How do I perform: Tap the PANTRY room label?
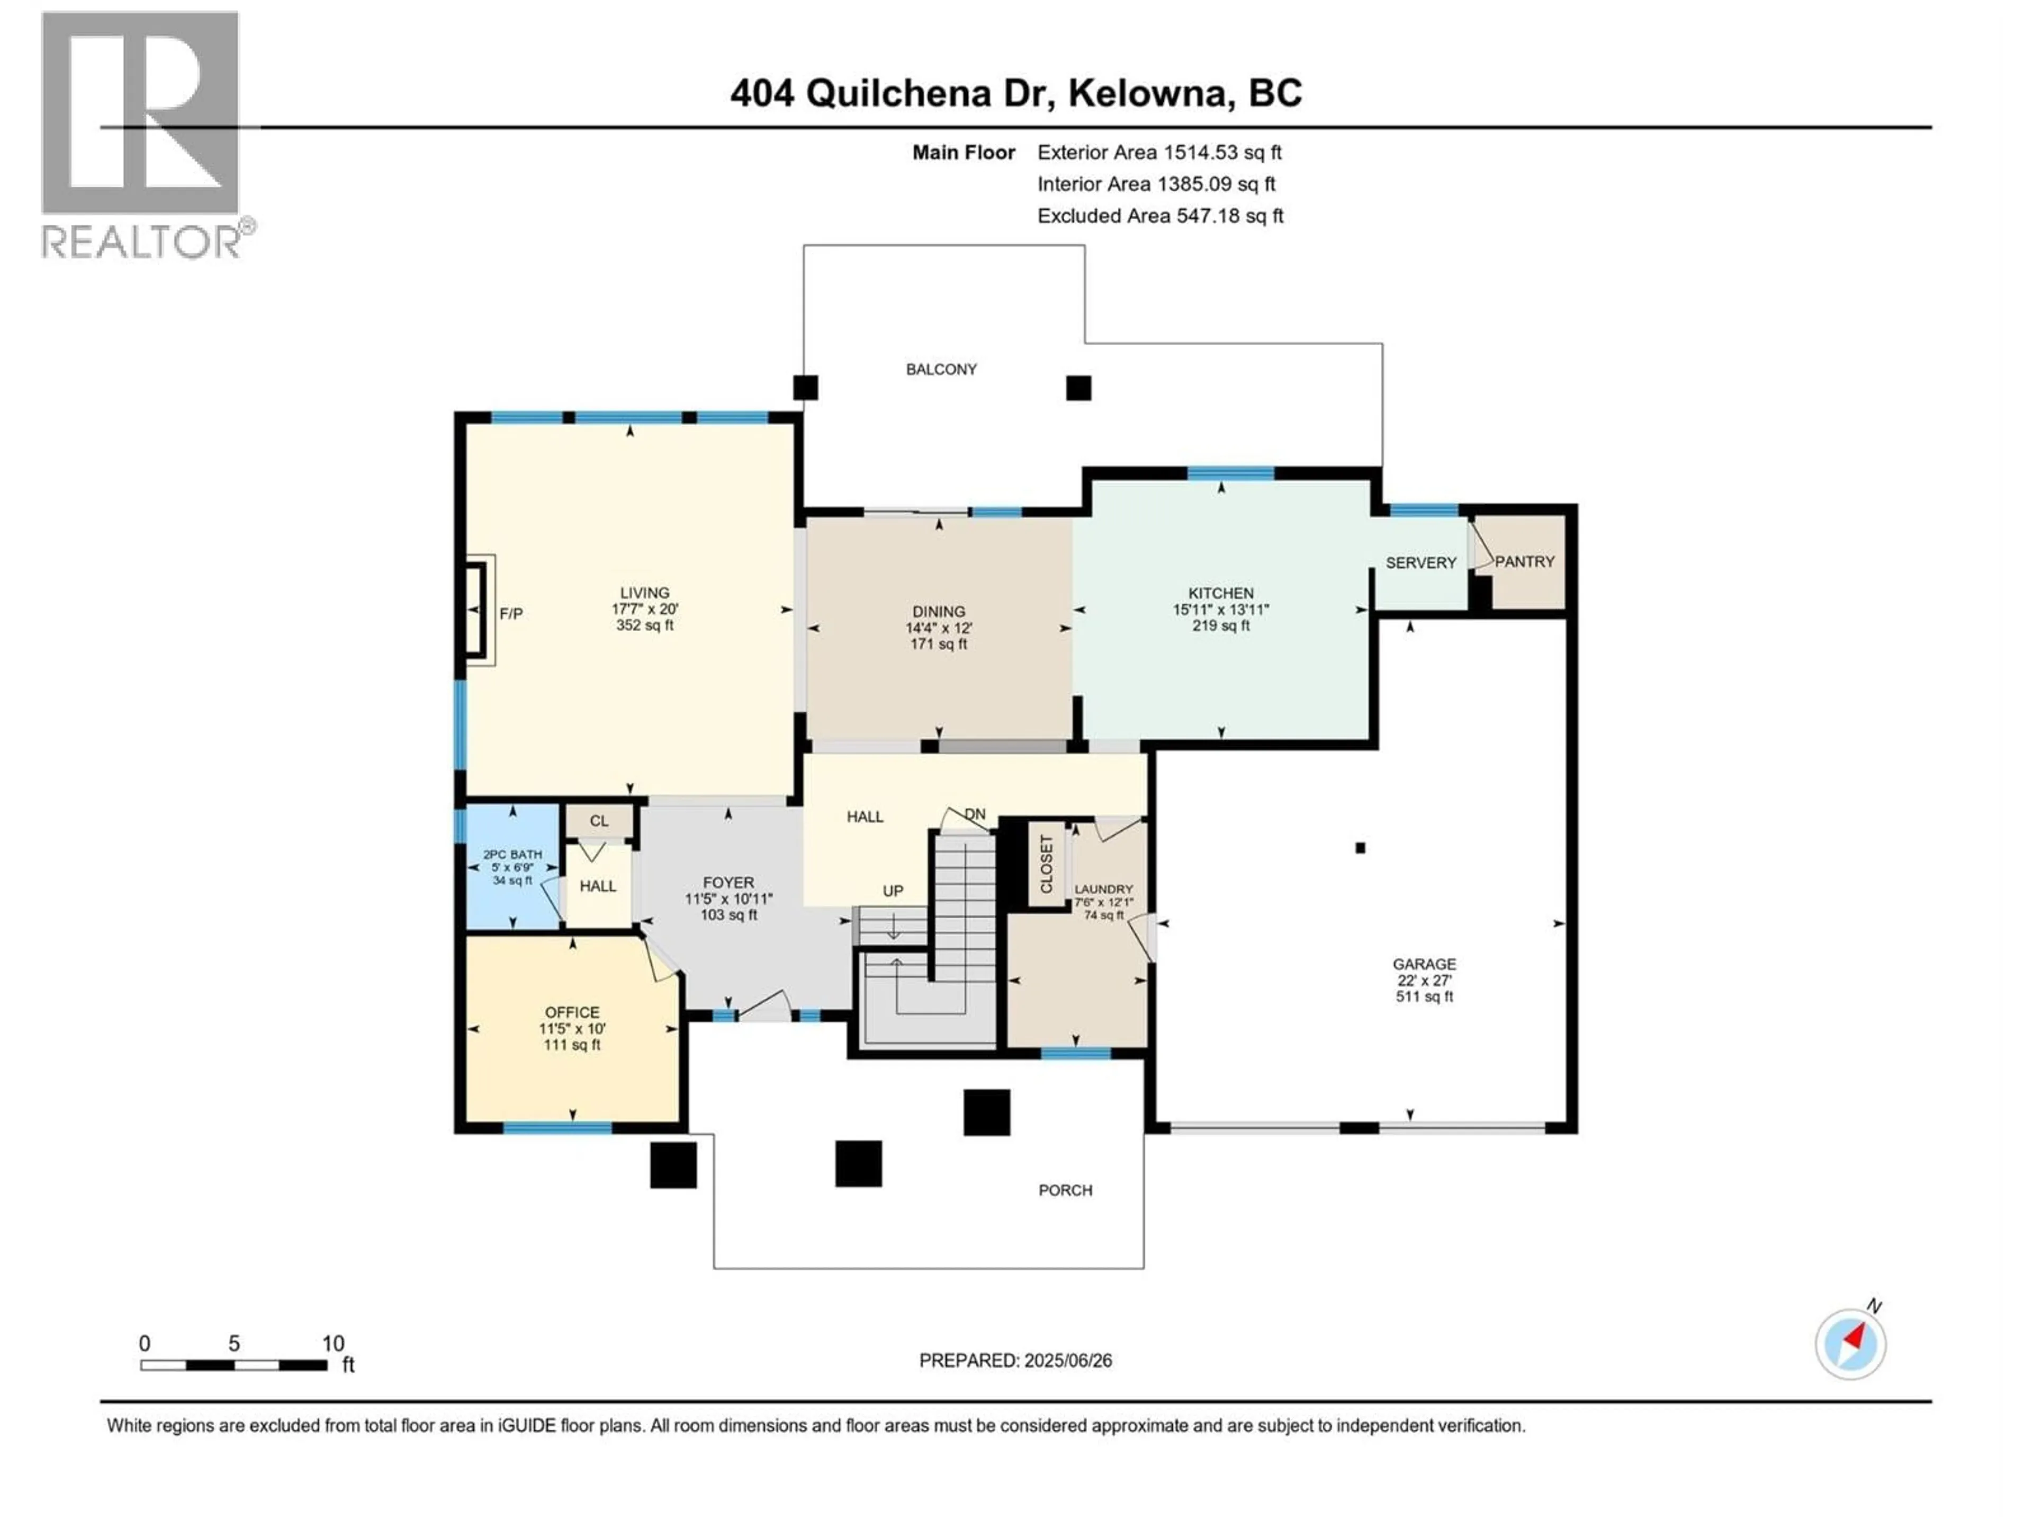click(1524, 562)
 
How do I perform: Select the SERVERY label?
click(1420, 562)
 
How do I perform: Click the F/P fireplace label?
click(511, 613)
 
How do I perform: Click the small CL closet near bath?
click(598, 821)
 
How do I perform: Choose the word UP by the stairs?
click(893, 891)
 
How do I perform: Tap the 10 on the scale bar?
click(332, 1343)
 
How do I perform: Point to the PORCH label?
click(1065, 1190)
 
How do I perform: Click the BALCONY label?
click(941, 370)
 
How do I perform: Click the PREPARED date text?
click(1015, 1360)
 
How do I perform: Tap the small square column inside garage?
click(1360, 848)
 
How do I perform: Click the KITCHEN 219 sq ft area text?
click(1220, 625)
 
